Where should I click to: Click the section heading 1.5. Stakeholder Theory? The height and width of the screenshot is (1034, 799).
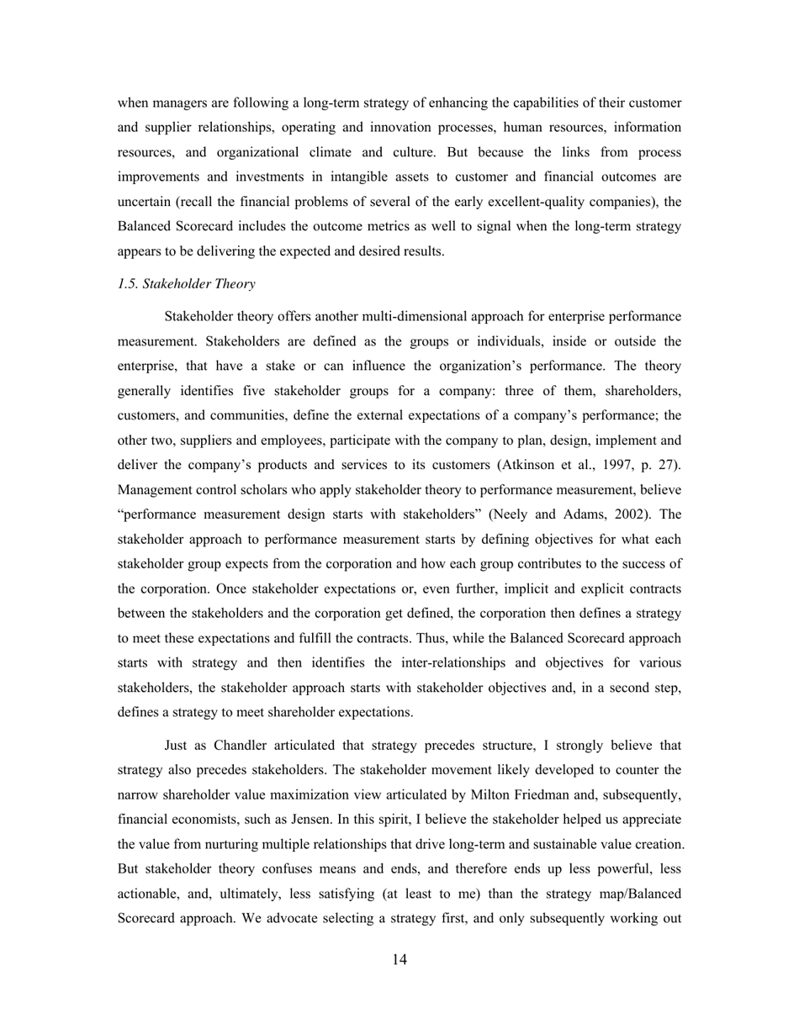187,284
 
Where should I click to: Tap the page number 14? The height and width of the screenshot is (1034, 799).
399,960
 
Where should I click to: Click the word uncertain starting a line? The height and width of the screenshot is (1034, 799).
146,202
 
